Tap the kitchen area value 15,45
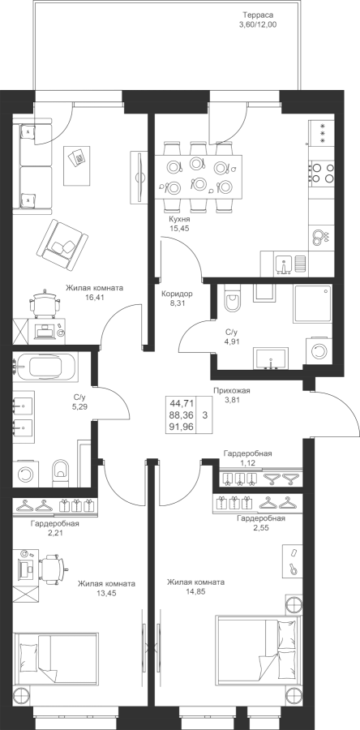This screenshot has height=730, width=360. pos(179,228)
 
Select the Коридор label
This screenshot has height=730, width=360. pos(177,294)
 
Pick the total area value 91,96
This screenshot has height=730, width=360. pos(182,426)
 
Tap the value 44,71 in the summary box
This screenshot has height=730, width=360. pos(182,402)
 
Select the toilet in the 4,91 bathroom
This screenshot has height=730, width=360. pos(231,299)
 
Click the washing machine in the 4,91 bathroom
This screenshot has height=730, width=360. pos(319,350)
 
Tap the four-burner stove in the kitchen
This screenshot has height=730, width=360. pos(321,172)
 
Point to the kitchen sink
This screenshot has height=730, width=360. pos(283,264)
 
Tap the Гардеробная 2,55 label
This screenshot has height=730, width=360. pos(261,522)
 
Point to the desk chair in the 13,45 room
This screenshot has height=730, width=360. pos(52,569)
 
